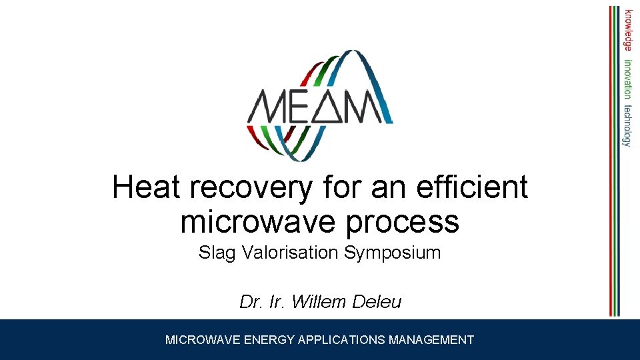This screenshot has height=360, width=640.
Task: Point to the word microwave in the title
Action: [253, 222]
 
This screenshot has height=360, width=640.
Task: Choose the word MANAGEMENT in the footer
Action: [431, 340]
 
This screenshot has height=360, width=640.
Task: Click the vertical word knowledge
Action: [628, 29]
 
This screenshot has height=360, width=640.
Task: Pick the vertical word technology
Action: [628, 125]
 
